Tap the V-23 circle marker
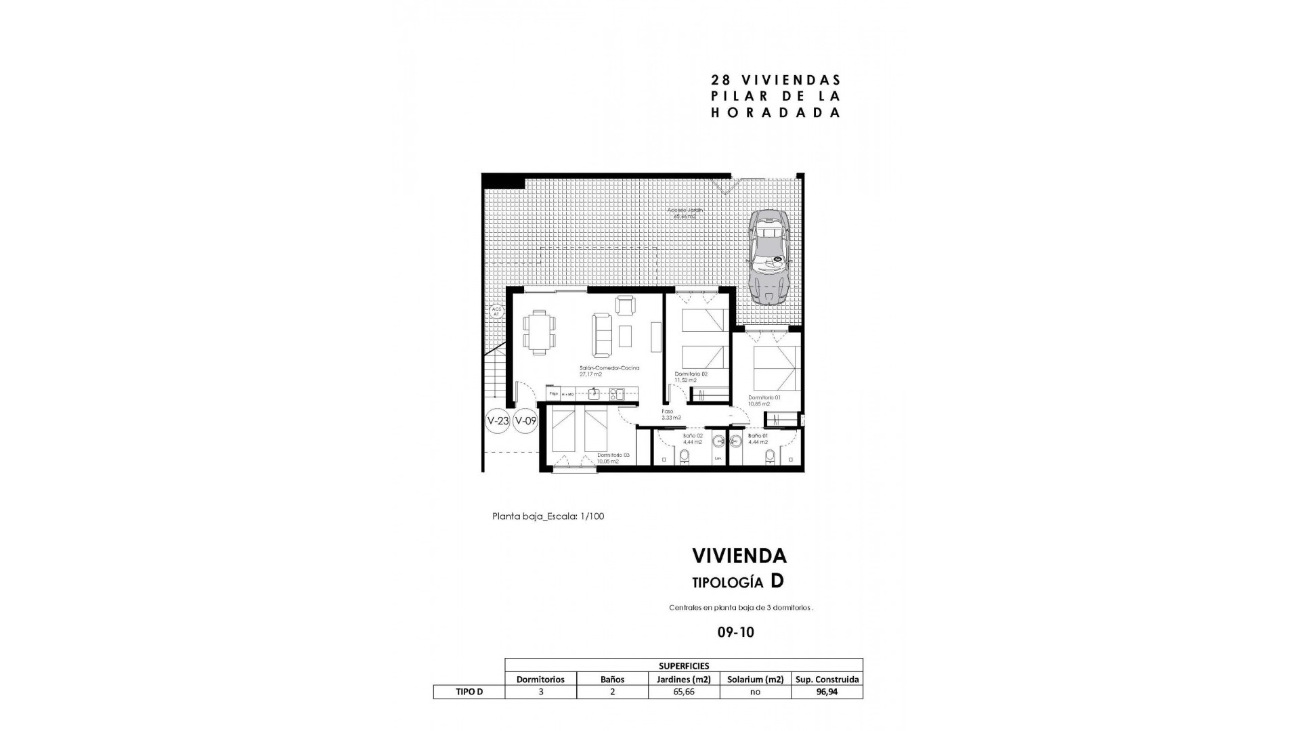coord(498,420)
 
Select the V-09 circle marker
coord(525,420)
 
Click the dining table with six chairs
coord(540,332)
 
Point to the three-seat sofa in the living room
coord(601,335)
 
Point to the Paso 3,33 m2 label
coord(671,414)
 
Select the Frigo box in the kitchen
coord(553,393)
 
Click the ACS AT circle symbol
coord(496,311)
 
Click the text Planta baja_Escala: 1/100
coord(548,516)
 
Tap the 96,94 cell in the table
coord(827,692)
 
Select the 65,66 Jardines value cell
coord(683,692)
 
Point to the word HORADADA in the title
coord(775,113)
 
